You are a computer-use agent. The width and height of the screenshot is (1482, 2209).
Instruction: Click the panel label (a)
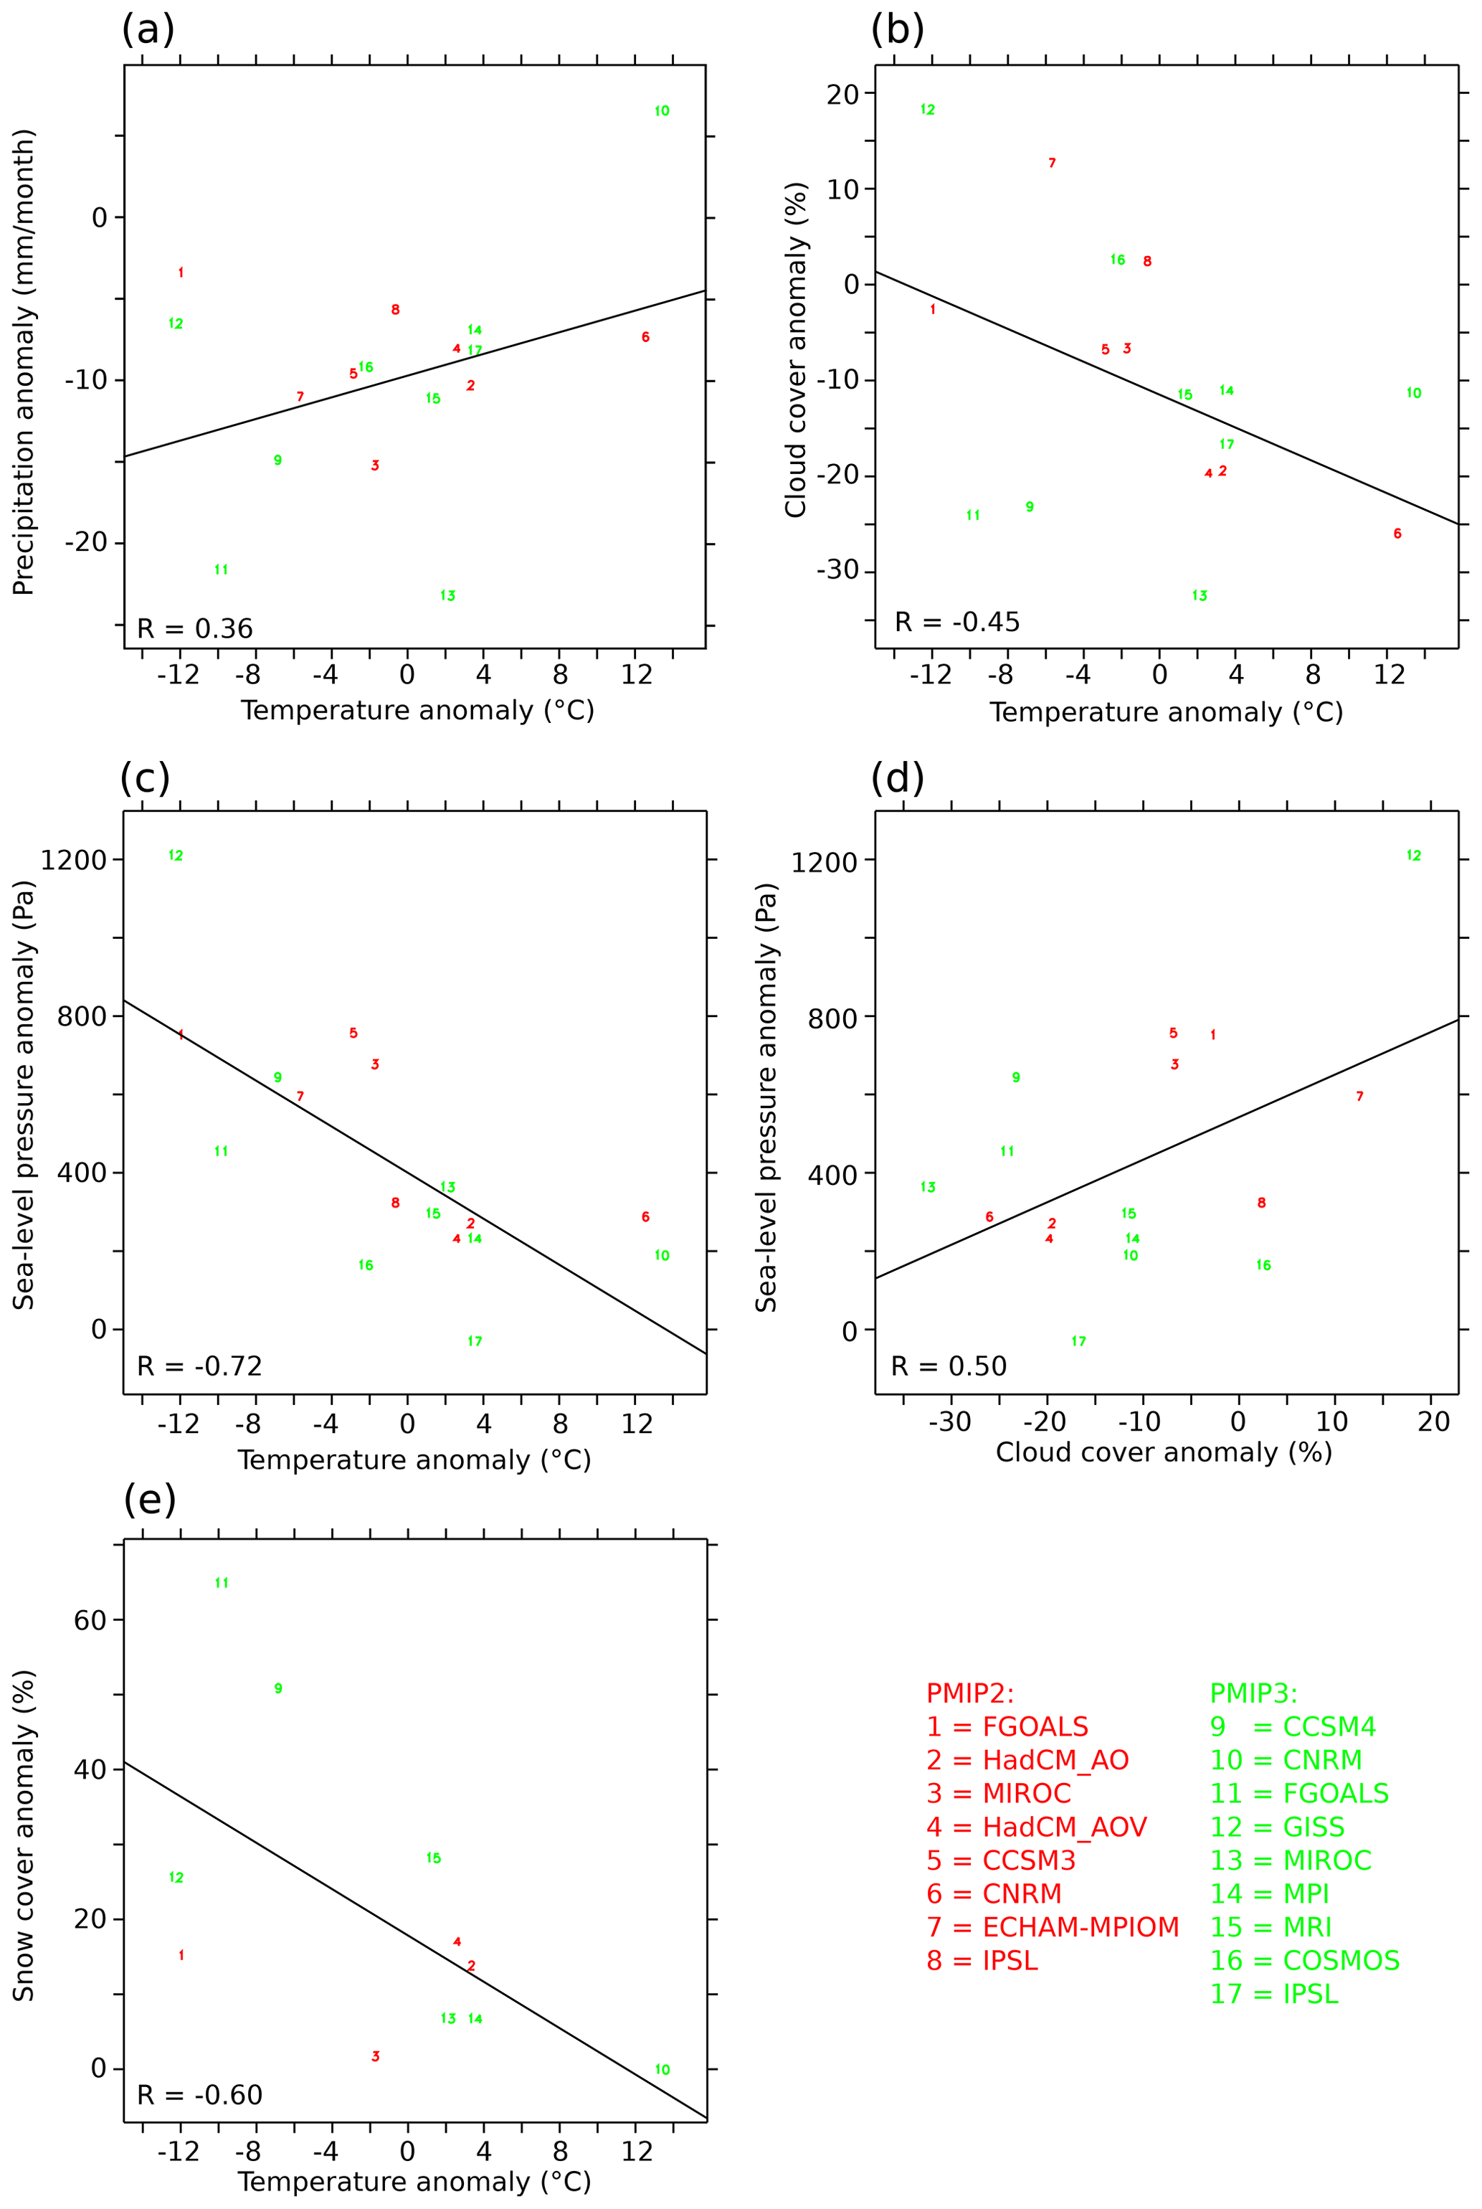[148, 30]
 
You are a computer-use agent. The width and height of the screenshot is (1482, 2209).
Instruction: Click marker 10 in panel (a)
[662, 112]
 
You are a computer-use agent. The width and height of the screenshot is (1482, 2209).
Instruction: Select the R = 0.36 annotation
[195, 628]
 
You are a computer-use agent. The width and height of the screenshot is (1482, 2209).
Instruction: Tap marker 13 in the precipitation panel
[448, 595]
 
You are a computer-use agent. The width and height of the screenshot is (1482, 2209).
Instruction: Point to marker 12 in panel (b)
[927, 110]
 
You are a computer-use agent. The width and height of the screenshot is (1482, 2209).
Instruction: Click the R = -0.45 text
[956, 622]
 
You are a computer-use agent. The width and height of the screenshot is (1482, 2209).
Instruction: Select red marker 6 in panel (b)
[1397, 534]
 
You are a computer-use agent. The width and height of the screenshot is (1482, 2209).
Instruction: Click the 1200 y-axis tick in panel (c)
[74, 859]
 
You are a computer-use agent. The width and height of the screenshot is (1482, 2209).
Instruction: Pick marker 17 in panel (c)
[475, 1341]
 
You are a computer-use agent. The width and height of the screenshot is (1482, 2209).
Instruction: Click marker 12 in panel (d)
[1413, 856]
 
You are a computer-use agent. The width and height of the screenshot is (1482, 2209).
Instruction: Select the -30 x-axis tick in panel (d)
[950, 1422]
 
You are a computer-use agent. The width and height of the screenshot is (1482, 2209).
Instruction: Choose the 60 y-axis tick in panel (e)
[91, 1620]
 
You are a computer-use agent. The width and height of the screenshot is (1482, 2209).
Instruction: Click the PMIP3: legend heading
[1253, 1693]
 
